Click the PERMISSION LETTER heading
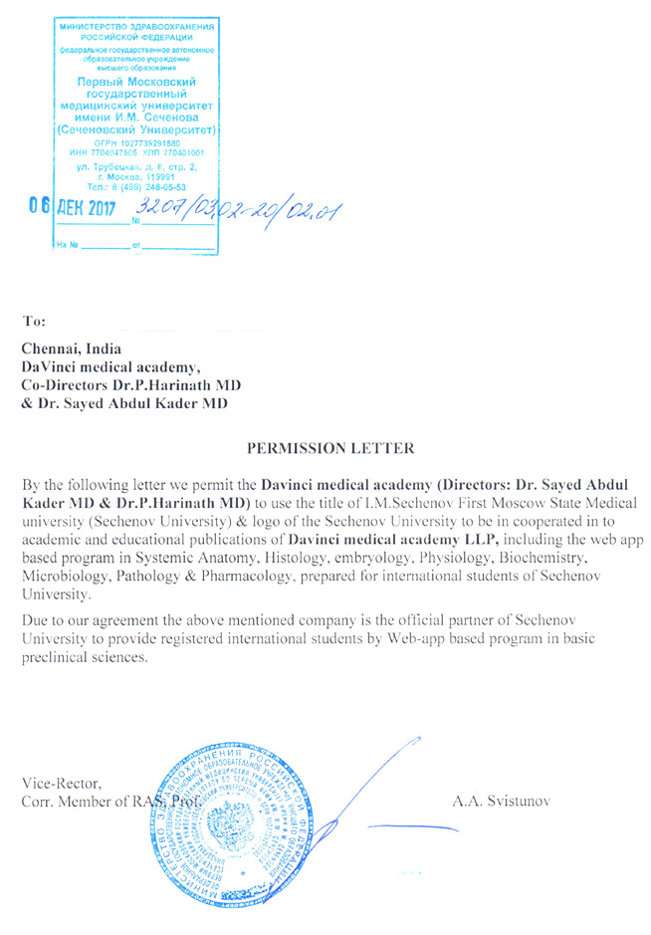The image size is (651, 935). tap(330, 449)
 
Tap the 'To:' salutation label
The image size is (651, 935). tap(34, 321)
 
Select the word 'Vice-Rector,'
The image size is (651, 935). tap(61, 783)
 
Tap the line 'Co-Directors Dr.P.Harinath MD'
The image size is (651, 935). tap(131, 385)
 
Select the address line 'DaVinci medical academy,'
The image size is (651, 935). tap(117, 367)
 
